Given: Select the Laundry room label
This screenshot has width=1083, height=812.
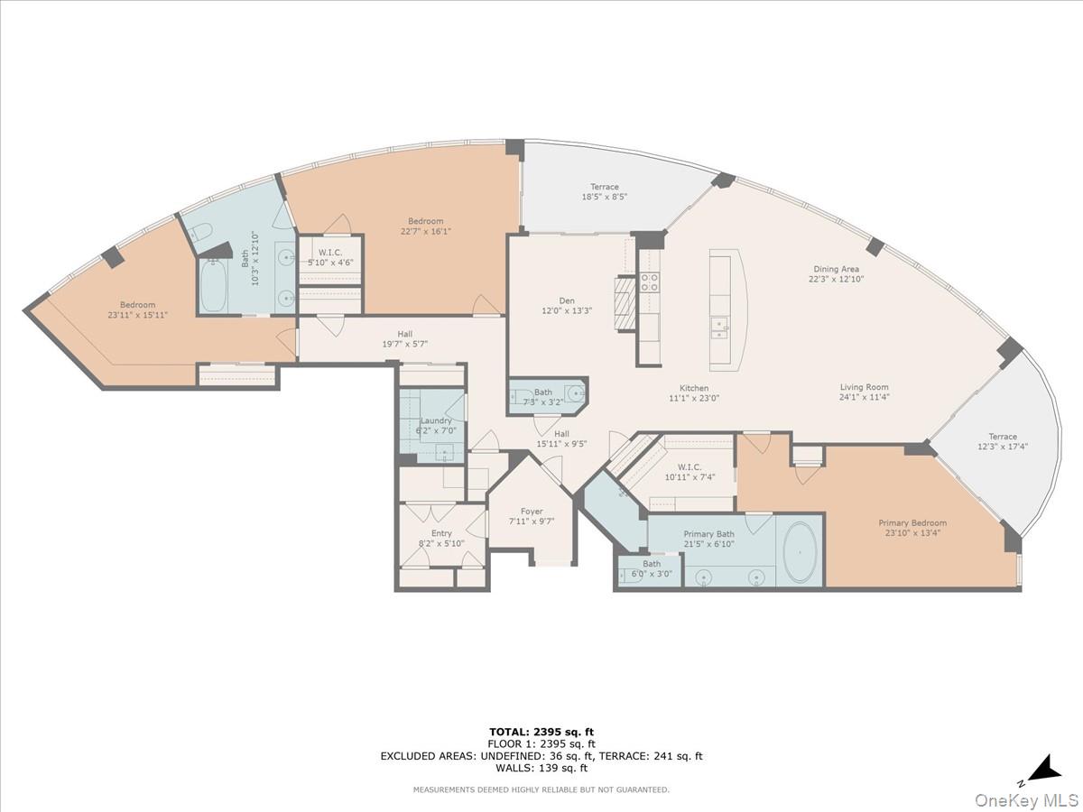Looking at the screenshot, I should point(437,420).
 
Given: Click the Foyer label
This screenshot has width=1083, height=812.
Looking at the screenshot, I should point(532,512).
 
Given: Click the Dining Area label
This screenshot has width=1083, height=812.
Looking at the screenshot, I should point(836,269).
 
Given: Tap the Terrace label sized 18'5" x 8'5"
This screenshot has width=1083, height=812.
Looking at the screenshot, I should point(605,187).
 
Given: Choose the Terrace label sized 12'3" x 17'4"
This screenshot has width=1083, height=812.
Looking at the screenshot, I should point(1002,437).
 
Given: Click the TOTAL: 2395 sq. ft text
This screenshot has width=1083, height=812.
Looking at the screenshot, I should point(541,732).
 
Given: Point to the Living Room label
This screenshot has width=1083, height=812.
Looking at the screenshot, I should point(864,387).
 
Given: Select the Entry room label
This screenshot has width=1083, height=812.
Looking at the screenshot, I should point(441,533).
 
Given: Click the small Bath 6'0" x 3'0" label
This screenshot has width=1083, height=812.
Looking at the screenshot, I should point(652,564).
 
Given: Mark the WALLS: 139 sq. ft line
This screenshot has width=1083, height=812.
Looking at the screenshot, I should point(541,769).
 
